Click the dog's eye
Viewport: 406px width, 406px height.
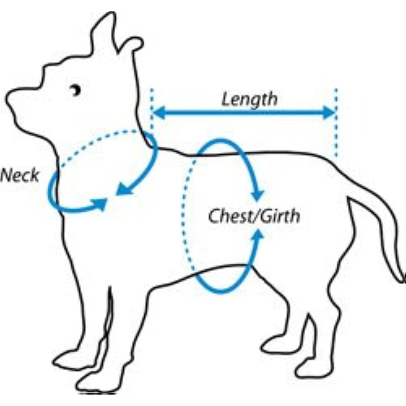[76, 90]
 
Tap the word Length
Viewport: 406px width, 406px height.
[250, 100]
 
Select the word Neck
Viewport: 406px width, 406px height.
[20, 175]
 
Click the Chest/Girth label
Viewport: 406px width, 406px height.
[254, 216]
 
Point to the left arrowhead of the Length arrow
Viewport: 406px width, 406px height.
[159, 113]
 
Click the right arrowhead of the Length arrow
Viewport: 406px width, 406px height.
[329, 113]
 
